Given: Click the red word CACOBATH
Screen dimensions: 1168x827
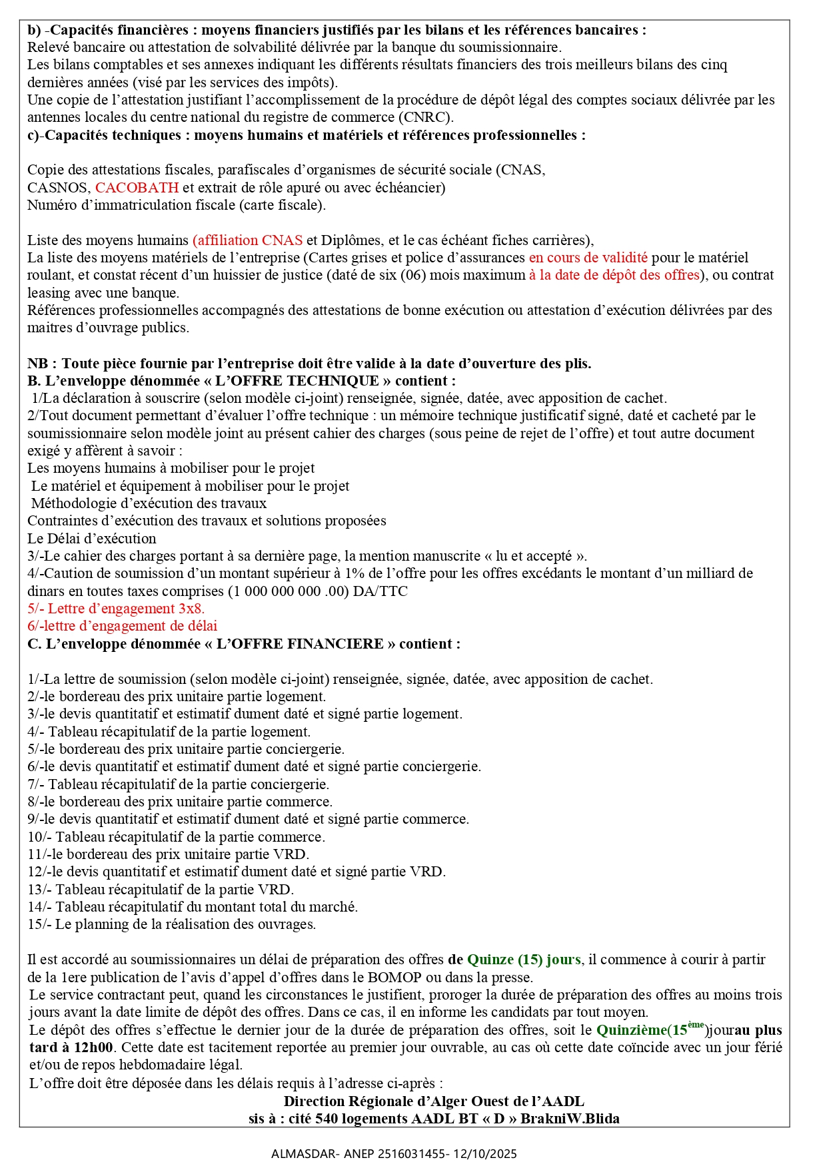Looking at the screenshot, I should coord(137,188).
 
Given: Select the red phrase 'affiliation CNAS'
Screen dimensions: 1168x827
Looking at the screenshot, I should coord(248,240).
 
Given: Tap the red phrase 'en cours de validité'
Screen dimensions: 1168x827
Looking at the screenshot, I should coord(588,258).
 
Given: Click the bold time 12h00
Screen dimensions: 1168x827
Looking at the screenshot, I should coord(93,1047).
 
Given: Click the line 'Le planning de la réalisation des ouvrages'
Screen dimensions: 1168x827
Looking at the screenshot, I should coord(185,924).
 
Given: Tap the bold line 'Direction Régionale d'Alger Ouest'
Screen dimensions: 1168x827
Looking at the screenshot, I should coord(433,1101).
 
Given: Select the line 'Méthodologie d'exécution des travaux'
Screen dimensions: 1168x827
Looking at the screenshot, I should coord(149,503).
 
